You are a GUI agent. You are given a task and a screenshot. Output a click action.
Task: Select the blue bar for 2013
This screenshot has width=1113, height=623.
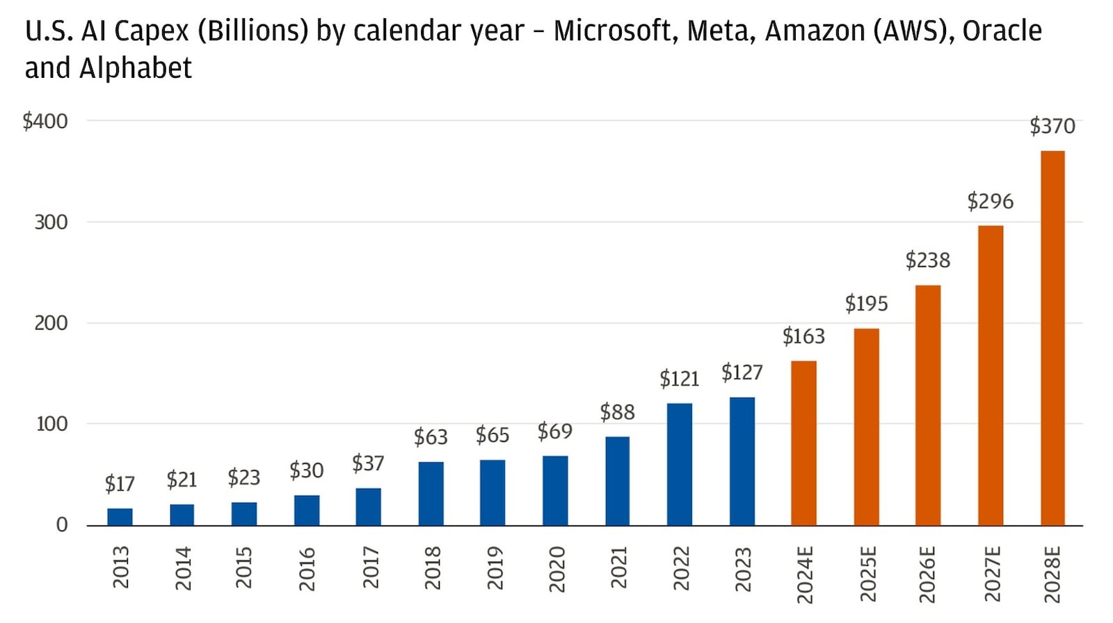[x=120, y=517]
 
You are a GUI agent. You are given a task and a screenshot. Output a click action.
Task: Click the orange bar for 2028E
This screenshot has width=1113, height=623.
[x=1052, y=338]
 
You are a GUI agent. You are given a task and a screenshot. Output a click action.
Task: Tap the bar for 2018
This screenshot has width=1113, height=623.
[x=431, y=493]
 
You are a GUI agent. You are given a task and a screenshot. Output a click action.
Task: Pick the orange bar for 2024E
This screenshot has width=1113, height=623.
[x=803, y=443]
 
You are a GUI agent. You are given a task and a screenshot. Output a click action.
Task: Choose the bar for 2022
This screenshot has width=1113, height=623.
[x=679, y=464]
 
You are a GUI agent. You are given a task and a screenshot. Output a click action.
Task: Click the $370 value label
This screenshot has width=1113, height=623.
[x=1052, y=126]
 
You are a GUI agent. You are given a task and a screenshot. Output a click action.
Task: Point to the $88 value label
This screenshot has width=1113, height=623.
[x=617, y=412]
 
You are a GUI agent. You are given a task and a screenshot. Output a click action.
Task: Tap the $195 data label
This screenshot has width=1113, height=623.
[x=866, y=304]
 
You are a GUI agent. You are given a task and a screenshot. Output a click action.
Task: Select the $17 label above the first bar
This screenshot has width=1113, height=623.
[x=120, y=483]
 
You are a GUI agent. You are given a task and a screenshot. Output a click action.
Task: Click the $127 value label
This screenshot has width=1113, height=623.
[x=742, y=373]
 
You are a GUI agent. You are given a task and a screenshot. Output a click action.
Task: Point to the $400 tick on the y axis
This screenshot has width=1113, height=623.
[x=45, y=121]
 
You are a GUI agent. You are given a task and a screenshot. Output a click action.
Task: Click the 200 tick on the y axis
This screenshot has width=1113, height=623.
[x=51, y=323]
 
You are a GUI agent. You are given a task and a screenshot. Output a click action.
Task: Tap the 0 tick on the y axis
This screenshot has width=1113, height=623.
[x=62, y=525]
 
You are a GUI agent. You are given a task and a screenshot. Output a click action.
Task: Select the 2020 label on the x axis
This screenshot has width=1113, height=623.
[x=556, y=569]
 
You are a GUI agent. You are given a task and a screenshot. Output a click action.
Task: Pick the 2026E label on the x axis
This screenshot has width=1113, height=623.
[x=927, y=574]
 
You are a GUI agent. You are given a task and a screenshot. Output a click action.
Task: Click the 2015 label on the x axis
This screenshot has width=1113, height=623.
[x=244, y=568]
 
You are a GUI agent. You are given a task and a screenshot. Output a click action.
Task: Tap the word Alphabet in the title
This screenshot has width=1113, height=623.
[x=135, y=68]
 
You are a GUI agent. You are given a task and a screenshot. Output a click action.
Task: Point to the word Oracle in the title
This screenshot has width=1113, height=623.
[x=1002, y=31]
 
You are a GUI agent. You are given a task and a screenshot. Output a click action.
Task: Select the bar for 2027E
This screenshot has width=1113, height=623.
[x=990, y=375]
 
